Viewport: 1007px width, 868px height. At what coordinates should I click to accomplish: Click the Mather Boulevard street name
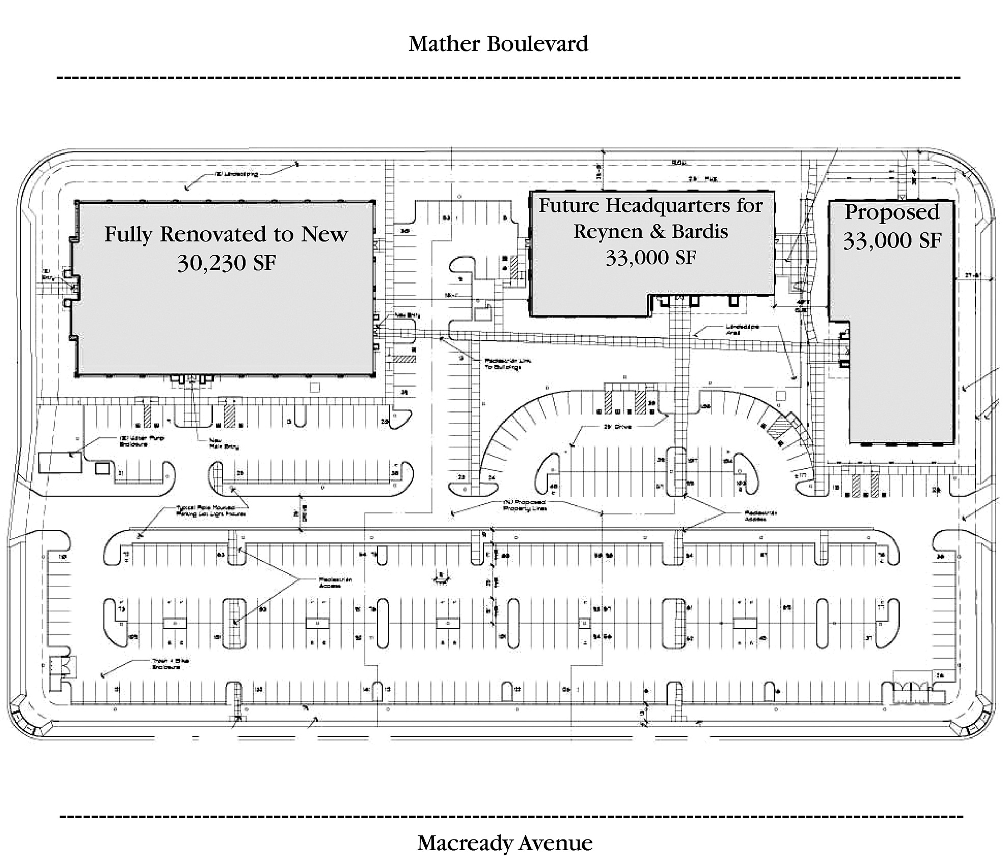coord(498,44)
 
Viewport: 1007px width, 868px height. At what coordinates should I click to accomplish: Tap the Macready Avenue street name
coord(504,843)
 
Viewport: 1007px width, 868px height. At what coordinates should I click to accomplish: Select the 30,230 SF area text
coord(227,263)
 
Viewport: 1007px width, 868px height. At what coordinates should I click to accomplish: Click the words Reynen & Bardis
coord(650,231)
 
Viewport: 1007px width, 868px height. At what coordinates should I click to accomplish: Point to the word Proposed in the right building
coord(891,212)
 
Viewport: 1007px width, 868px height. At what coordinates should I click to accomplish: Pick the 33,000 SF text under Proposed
coord(891,240)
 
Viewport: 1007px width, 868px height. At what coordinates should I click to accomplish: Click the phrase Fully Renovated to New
coord(226,234)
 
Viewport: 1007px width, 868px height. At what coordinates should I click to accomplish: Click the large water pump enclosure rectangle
coord(60,463)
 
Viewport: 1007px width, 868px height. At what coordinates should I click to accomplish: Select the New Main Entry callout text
coord(224,443)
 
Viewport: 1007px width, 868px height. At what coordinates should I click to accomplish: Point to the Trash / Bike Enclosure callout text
coord(170,663)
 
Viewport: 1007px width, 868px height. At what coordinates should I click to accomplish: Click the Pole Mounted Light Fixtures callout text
coord(211,510)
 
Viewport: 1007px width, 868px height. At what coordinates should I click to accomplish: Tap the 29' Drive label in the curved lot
coord(617,427)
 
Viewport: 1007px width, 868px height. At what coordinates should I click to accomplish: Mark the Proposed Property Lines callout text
coord(525,505)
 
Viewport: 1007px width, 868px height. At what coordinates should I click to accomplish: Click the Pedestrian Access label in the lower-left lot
coord(335,582)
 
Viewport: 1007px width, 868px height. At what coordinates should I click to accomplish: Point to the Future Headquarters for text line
coord(650,206)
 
